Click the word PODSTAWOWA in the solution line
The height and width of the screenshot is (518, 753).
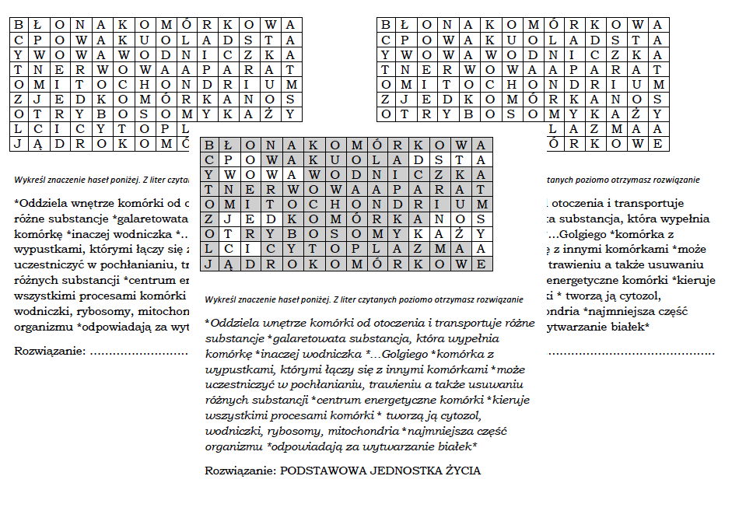click(317, 471)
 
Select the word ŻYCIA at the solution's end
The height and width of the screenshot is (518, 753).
click(461, 471)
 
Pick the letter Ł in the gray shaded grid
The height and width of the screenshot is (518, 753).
click(226, 145)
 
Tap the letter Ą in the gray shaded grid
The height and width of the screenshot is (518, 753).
click(226, 264)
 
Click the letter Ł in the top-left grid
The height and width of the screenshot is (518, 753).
click(36, 24)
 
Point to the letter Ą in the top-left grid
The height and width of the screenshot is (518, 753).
click(36, 143)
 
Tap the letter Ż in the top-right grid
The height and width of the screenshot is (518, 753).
click(637, 114)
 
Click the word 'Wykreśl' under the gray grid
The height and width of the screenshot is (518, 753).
click(219, 299)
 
